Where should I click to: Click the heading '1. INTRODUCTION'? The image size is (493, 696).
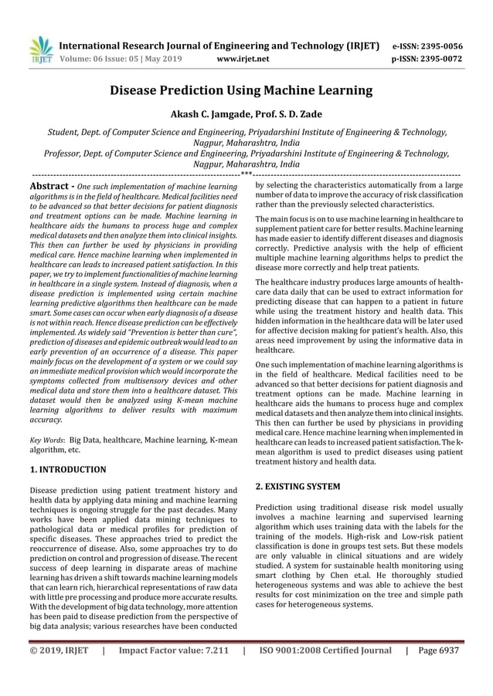tap(68, 468)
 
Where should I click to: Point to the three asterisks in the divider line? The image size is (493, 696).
tap(246, 174)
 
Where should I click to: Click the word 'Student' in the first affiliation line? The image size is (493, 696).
tap(65, 132)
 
